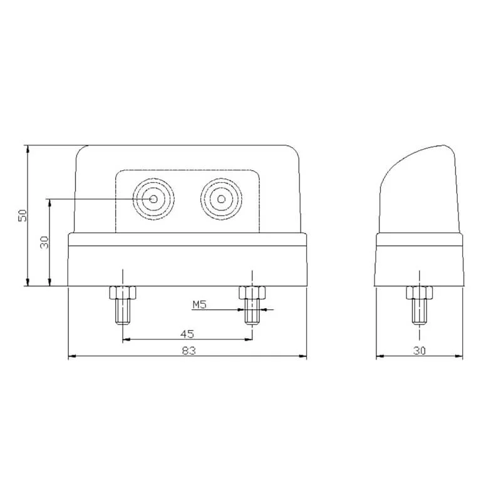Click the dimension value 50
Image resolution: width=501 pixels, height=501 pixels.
pyautogui.click(x=23, y=215)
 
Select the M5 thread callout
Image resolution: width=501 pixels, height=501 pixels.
pyautogui.click(x=199, y=304)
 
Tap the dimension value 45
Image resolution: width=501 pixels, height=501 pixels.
pyautogui.click(x=187, y=333)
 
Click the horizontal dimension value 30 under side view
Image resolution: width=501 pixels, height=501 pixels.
pyautogui.click(x=420, y=351)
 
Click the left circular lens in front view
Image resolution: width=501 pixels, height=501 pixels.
pyautogui.click(x=154, y=199)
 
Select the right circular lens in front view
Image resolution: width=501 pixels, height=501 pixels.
pyautogui.click(x=220, y=199)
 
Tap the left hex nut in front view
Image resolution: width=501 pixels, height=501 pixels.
pyautogui.click(x=123, y=292)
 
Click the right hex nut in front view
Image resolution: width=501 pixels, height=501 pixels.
pyautogui.click(x=252, y=292)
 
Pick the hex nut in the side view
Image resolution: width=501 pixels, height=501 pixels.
pyautogui.click(x=419, y=292)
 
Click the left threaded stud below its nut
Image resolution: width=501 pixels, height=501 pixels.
pyautogui.click(x=123, y=311)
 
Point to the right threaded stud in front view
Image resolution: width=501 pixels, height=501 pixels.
pyautogui.click(x=252, y=311)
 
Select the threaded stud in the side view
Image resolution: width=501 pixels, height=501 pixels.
pyautogui.click(x=419, y=311)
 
